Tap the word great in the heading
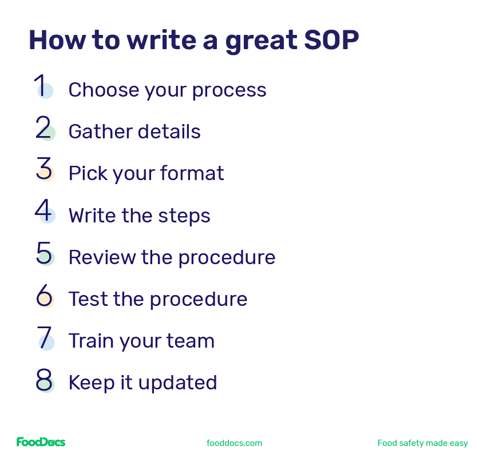[261, 41]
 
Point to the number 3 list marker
[43, 170]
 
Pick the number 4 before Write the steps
[43, 212]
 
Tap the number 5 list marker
[43, 253]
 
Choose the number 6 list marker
[43, 295]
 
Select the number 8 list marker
[43, 379]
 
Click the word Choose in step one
[104, 90]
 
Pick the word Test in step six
[86, 299]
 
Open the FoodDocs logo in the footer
[41, 442]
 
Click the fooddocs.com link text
[234, 443]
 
